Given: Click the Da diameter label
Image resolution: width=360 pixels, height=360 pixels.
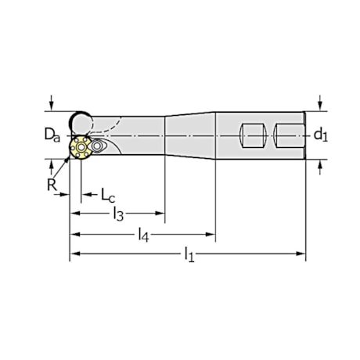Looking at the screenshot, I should point(49,136).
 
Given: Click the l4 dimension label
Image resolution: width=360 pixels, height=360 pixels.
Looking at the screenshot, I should point(143,233).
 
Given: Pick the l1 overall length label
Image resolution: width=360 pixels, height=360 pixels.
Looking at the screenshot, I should point(188,254).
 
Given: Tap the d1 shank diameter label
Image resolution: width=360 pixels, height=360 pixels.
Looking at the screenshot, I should point(322,135).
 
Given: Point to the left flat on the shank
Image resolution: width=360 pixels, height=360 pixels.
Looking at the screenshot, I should point(252,135).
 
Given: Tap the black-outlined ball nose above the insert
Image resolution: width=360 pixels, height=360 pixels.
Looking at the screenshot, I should point(79,121).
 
